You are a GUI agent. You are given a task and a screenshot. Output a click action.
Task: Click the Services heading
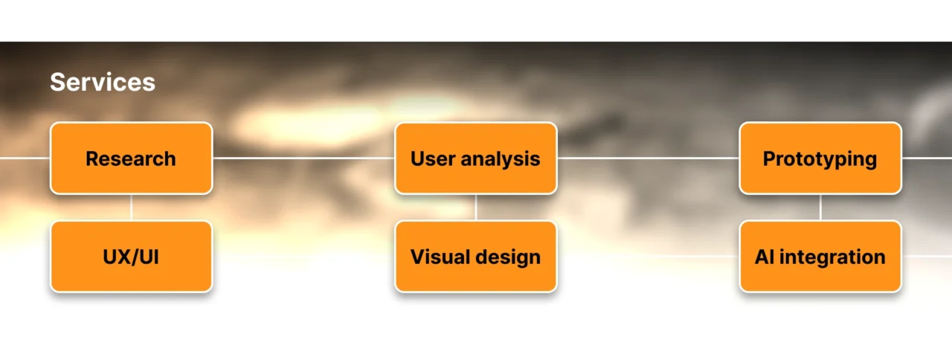click(103, 82)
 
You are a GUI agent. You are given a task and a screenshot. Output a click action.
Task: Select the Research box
click(132, 158)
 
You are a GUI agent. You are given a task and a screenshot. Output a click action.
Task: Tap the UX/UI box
click(132, 257)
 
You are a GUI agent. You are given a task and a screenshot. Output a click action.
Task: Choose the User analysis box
click(476, 158)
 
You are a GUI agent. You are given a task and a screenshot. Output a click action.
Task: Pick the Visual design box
click(476, 257)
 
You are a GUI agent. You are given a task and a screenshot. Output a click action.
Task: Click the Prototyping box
click(820, 158)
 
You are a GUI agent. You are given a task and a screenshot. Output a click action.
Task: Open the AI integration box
click(820, 257)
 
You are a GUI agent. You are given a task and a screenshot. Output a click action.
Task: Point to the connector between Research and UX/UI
click(132, 208)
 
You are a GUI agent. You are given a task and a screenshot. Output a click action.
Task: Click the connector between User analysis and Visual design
click(476, 208)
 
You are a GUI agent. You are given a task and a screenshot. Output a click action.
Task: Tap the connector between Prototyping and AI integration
click(820, 208)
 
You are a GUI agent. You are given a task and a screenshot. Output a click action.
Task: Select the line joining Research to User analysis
click(303, 158)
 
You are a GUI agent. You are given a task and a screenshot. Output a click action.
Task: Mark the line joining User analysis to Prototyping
click(648, 158)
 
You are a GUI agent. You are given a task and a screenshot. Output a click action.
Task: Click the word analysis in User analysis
click(501, 160)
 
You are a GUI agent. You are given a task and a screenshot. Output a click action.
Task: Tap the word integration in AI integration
click(832, 257)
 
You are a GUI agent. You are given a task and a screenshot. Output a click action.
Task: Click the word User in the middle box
click(433, 159)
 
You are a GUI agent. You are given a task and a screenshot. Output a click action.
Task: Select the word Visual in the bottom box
click(440, 257)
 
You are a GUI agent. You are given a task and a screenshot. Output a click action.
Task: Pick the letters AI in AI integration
click(764, 257)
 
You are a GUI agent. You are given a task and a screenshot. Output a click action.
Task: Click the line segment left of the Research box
click(25, 158)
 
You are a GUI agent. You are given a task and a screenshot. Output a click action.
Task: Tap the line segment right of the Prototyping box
click(927, 158)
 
